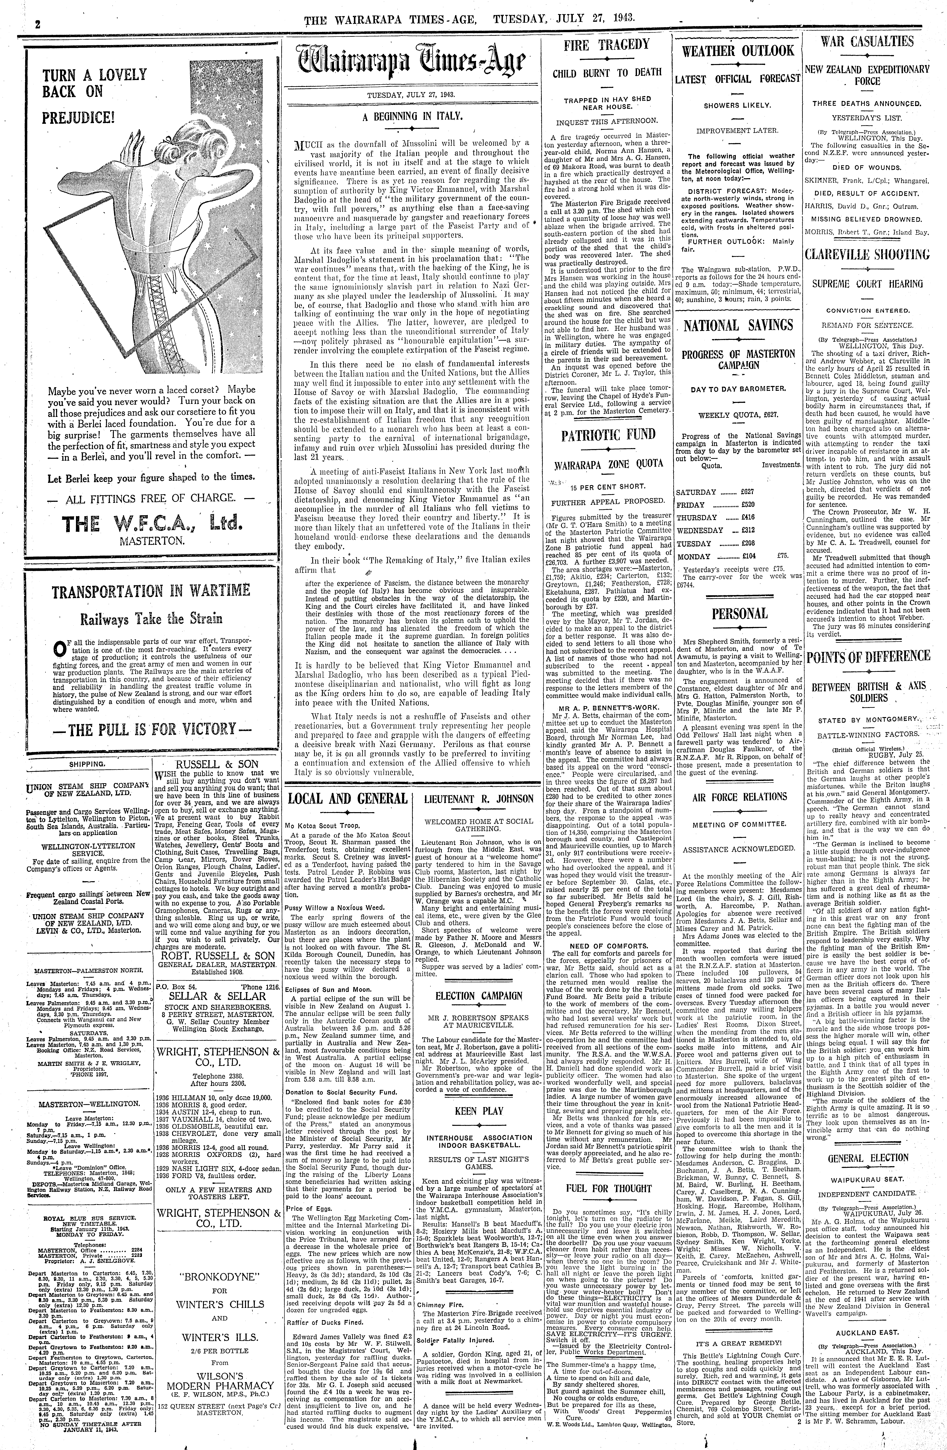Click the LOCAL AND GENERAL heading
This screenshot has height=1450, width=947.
click(x=347, y=799)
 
